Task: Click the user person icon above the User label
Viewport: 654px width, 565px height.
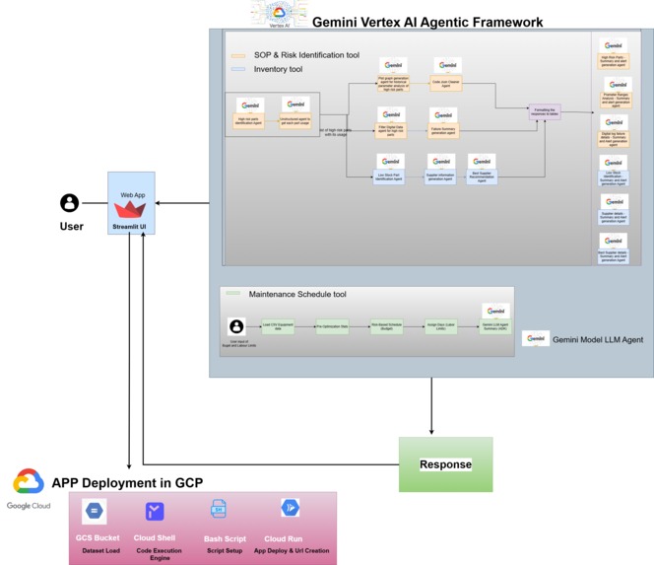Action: (69, 203)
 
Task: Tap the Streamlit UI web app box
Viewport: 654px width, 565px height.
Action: (129, 208)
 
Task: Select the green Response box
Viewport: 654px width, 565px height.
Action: (445, 463)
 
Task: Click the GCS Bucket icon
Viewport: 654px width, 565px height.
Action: (95, 511)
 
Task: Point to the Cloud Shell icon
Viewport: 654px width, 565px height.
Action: (155, 511)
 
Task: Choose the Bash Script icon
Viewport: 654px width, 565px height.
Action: (219, 510)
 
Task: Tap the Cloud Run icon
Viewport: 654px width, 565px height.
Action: (290, 509)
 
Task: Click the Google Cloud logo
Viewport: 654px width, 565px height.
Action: (28, 488)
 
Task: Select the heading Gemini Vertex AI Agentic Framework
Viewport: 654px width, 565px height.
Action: (426, 22)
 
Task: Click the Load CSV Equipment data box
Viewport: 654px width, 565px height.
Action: (278, 324)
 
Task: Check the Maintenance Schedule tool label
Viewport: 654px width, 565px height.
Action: (296, 294)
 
